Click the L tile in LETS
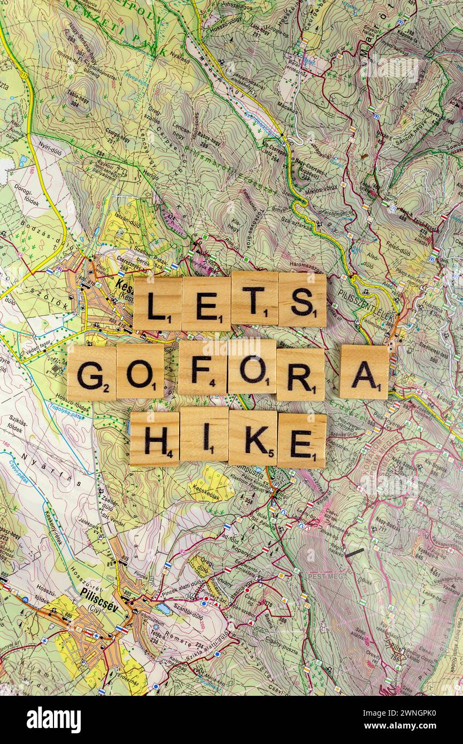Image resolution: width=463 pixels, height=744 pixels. click(157, 303)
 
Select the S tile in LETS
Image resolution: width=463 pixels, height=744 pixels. click(302, 300)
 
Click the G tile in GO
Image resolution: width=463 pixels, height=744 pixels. click(91, 373)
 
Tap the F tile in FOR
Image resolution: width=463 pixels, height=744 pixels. click(202, 368)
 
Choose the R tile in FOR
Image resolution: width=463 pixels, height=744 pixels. click(300, 375)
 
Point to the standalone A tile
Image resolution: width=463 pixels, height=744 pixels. click(364, 372)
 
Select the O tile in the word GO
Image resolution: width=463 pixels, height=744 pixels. click(140, 371)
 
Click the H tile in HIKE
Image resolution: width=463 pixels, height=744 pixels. click(155, 439)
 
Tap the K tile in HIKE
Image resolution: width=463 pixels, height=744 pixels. click(253, 437)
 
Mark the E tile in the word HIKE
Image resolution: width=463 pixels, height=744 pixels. click(302, 441)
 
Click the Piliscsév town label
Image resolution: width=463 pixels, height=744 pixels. click(99, 594)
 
